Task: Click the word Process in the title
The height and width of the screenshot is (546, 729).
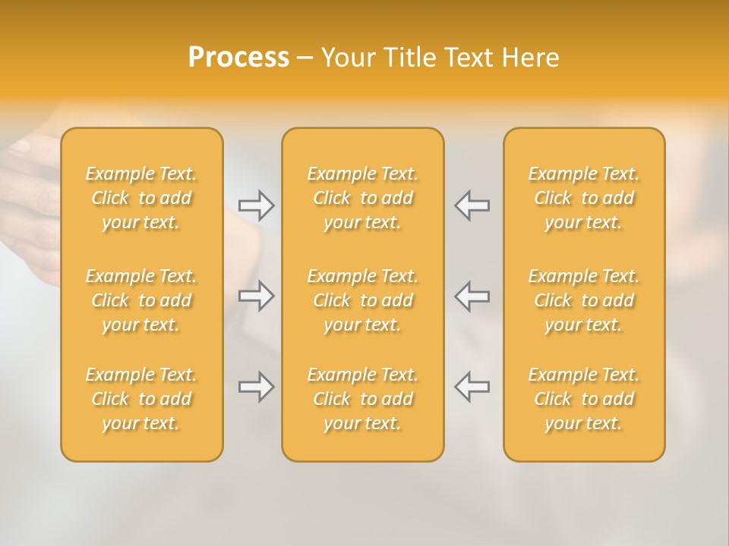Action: pos(238,58)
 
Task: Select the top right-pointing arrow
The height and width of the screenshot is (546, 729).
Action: pos(256,206)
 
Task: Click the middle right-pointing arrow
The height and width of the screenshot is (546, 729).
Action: pos(256,296)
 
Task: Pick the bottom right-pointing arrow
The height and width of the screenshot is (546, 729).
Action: pos(256,387)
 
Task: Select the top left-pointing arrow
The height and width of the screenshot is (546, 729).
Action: pos(472,206)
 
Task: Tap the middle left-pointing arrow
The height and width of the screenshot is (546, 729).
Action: pos(472,296)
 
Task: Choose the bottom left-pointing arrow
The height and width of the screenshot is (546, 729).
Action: pos(472,387)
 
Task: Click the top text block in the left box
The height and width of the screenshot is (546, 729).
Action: pos(141,198)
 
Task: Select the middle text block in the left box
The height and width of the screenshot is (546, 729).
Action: pos(141,300)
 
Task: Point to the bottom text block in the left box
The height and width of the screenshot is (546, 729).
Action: pos(141,399)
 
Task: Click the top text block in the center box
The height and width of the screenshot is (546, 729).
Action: pos(362,198)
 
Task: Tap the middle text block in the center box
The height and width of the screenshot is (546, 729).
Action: pos(362,300)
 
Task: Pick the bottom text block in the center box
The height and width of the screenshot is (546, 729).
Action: pos(362,399)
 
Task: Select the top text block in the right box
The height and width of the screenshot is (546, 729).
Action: pos(583,198)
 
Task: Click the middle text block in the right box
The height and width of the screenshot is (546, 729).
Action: pos(583,300)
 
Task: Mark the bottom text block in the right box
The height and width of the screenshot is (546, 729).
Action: pos(583,399)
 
